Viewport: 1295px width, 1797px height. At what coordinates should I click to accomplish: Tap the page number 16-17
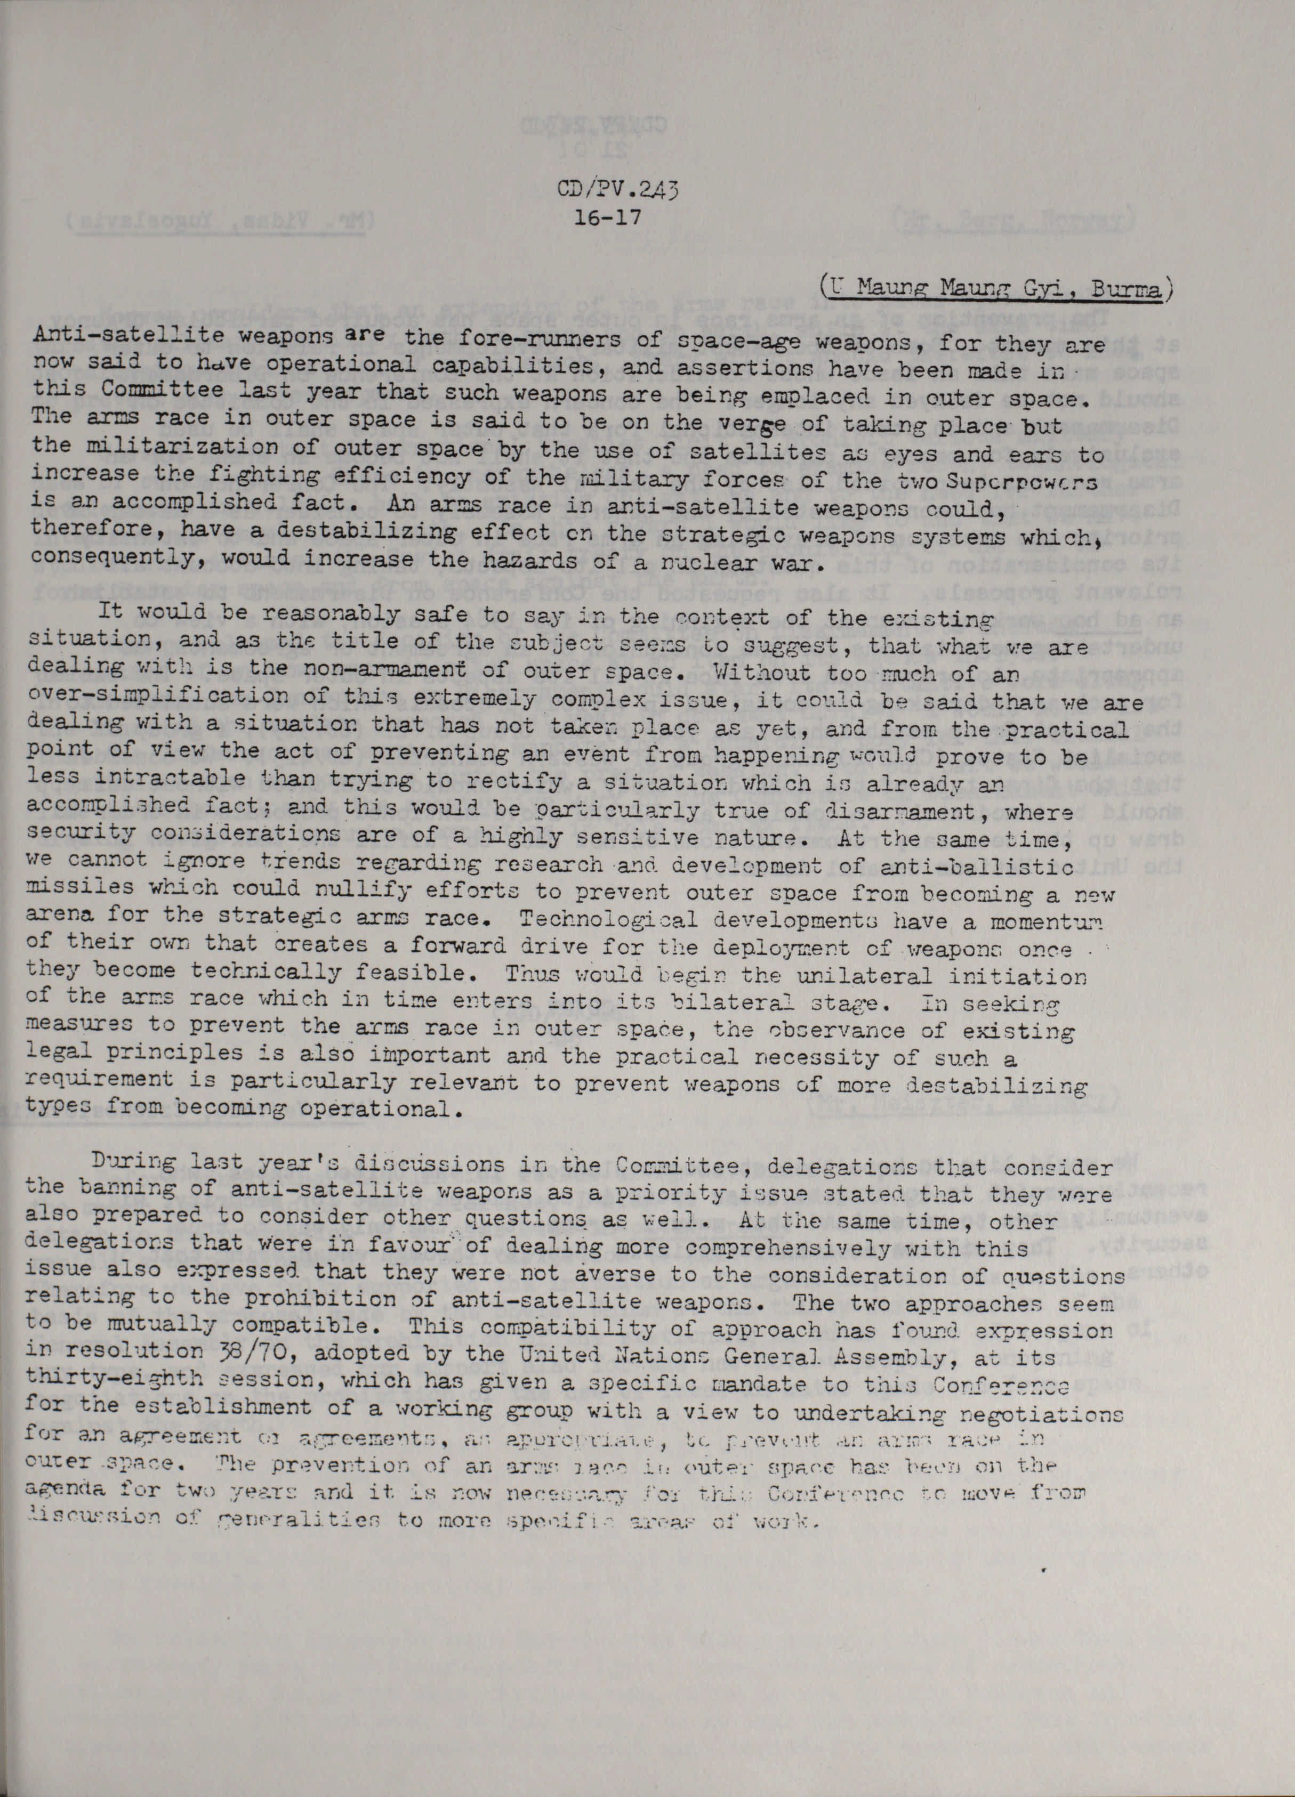coord(611,216)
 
